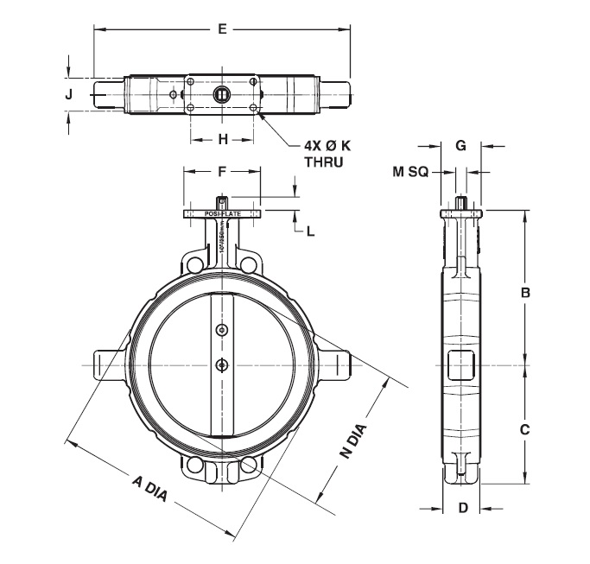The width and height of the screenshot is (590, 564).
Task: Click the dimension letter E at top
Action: tap(222, 30)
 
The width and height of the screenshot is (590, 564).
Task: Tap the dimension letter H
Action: tap(222, 138)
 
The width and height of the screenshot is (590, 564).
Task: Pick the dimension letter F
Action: tap(222, 172)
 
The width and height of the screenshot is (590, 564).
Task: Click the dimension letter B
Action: tap(524, 293)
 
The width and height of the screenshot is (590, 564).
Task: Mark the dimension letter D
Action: tap(462, 508)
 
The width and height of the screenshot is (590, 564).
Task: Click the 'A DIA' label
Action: tap(149, 490)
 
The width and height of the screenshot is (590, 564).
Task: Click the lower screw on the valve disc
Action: tap(222, 364)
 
